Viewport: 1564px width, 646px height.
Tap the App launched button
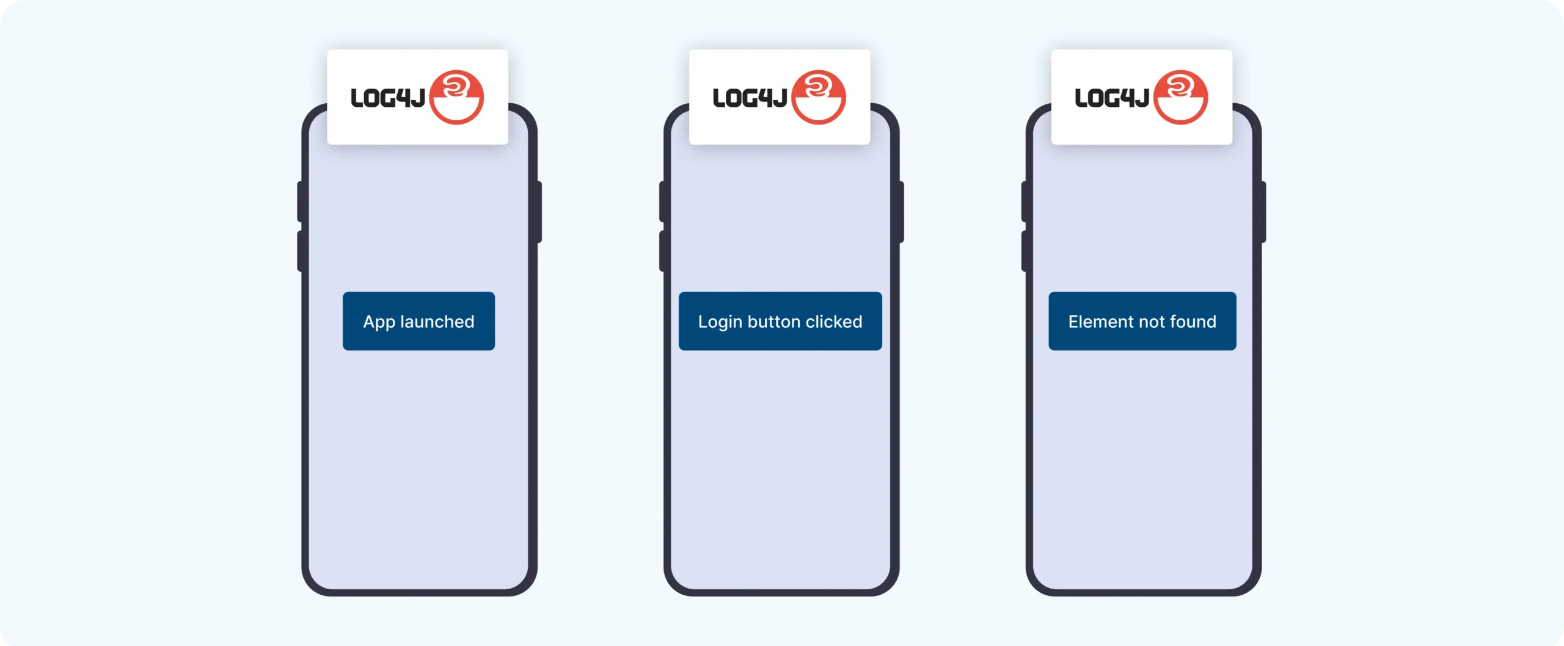click(x=418, y=321)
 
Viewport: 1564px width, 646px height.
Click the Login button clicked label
click(x=780, y=322)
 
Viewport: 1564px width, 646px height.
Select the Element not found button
click(x=1142, y=321)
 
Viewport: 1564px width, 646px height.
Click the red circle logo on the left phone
click(x=456, y=97)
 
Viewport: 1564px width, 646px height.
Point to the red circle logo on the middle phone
click(x=819, y=97)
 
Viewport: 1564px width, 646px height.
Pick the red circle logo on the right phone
click(x=1180, y=97)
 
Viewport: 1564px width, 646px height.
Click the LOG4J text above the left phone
click(x=387, y=98)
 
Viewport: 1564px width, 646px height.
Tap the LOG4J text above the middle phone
click(x=750, y=98)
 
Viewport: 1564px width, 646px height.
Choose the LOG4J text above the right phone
click(x=1111, y=98)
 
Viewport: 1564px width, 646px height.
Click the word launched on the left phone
click(x=437, y=322)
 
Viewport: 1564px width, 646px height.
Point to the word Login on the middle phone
click(x=720, y=322)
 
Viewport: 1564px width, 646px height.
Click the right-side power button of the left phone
click(x=539, y=212)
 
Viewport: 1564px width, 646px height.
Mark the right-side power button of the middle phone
click(x=901, y=212)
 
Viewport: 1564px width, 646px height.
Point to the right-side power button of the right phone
click(x=1263, y=212)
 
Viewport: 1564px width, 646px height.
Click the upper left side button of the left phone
click(x=300, y=201)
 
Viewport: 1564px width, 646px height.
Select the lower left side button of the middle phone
click(x=662, y=251)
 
